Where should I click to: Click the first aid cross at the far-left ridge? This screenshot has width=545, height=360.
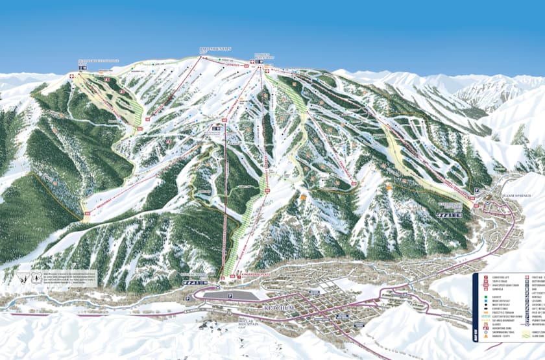[71, 77]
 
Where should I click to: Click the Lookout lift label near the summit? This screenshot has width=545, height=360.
[234, 65]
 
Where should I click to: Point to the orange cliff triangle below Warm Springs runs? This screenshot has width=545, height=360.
[388, 187]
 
